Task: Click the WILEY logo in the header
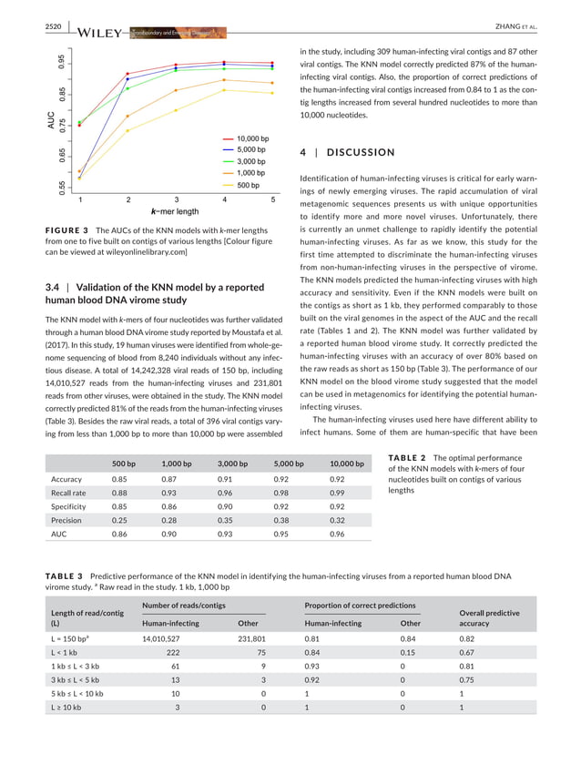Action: (100, 34)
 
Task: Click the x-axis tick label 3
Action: (176, 199)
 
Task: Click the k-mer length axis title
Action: (168, 211)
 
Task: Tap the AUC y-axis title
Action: (51, 120)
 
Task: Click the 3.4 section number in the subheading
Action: (53, 288)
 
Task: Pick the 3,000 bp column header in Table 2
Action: (233, 463)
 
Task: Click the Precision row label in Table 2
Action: (67, 518)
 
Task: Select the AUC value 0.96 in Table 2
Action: (337, 535)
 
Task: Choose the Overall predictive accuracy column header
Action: (492, 618)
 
